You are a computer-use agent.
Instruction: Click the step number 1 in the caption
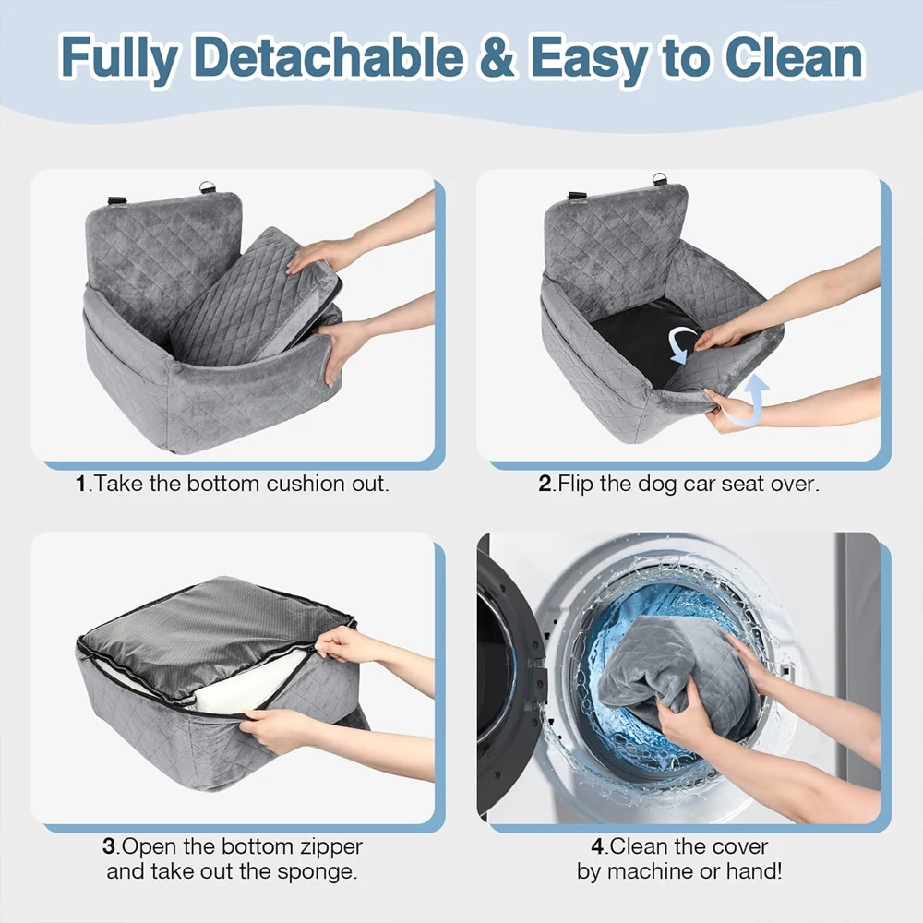[80, 484]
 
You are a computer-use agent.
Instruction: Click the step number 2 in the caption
[545, 484]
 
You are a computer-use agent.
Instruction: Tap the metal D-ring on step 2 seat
[660, 179]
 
